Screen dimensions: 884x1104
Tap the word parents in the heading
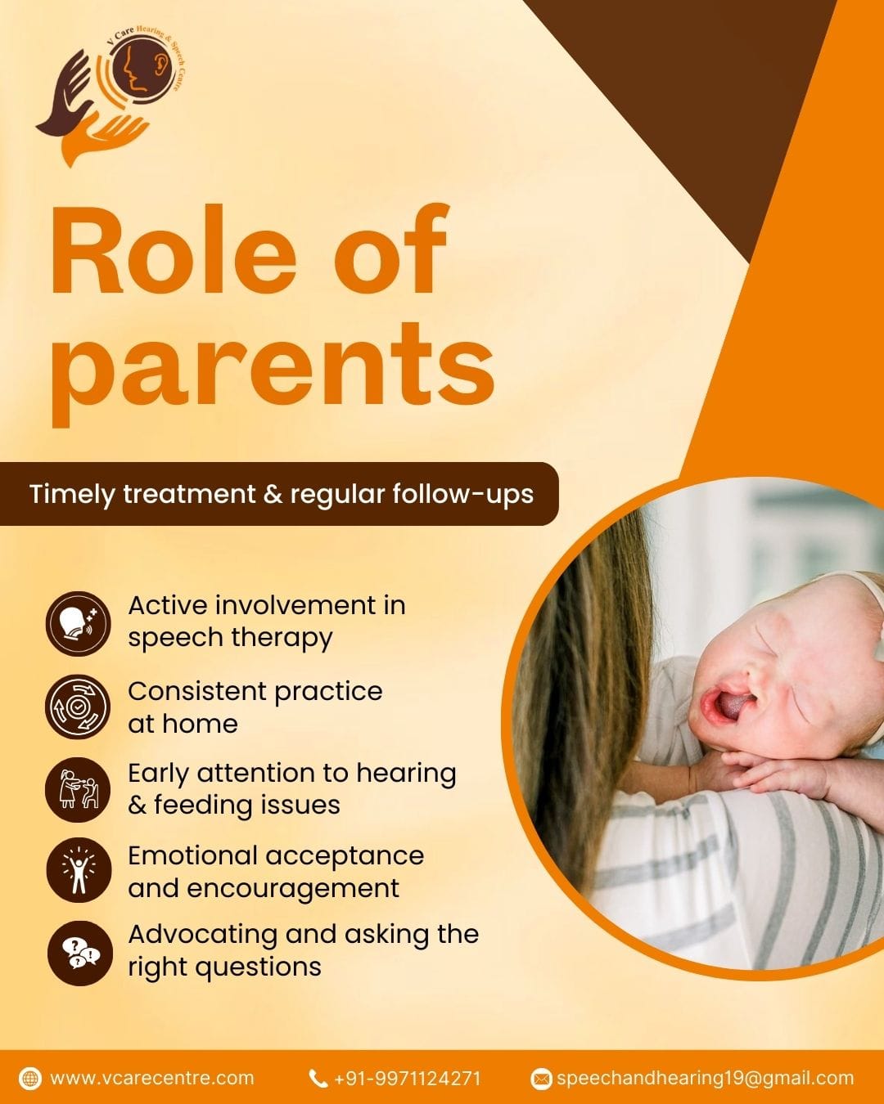point(273,371)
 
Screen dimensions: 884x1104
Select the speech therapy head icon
point(78,623)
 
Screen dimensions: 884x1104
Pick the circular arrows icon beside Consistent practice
point(78,707)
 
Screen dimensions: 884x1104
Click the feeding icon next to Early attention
point(78,790)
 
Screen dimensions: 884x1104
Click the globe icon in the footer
point(30,1078)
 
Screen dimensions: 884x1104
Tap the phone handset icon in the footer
point(318,1079)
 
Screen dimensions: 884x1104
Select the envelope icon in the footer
point(540,1079)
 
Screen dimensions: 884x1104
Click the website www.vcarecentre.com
point(152,1078)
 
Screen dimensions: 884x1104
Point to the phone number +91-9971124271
point(408,1079)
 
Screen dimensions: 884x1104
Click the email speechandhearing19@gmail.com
point(706,1079)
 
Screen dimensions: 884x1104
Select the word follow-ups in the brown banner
point(462,495)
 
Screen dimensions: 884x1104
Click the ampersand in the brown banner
point(273,494)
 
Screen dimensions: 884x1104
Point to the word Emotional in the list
point(192,855)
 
